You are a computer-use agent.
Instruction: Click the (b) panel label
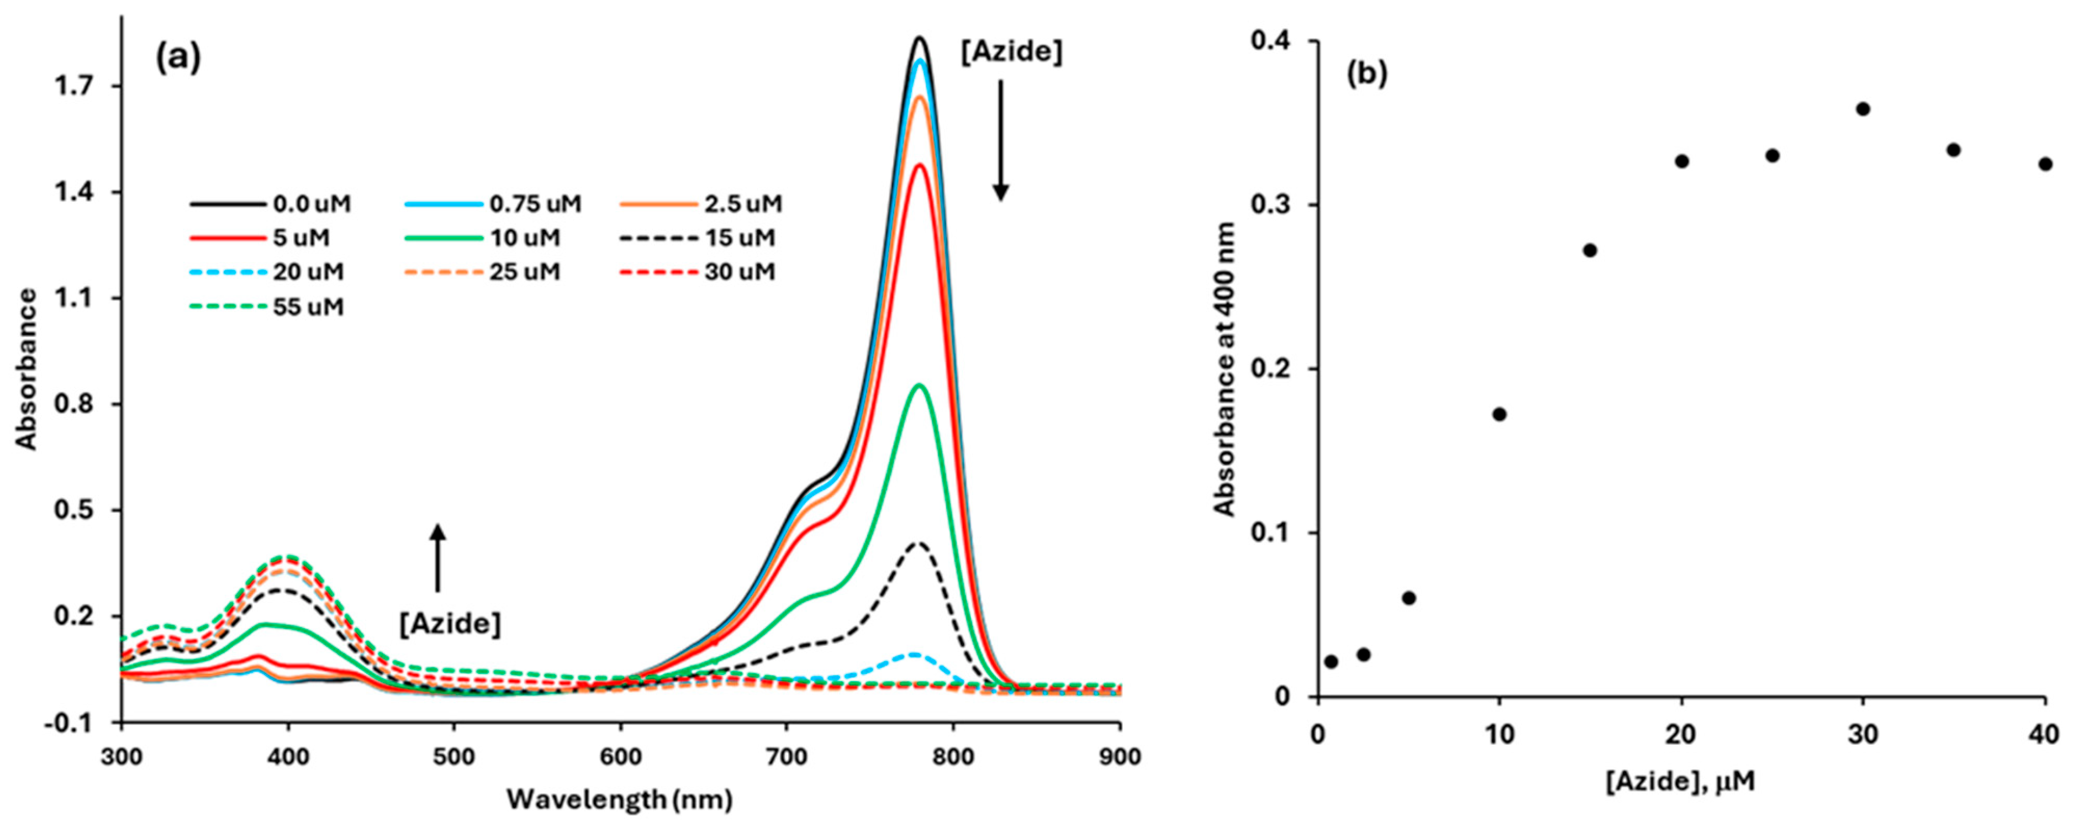(1366, 73)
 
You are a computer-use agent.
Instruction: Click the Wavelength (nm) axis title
(620, 800)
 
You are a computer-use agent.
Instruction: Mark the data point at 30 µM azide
(1862, 109)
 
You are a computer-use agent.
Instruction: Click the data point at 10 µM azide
(1500, 414)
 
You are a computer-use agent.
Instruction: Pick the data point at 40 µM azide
(2045, 164)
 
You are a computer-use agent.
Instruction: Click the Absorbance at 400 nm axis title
(1225, 369)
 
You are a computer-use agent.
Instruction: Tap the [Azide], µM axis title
(1680, 782)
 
